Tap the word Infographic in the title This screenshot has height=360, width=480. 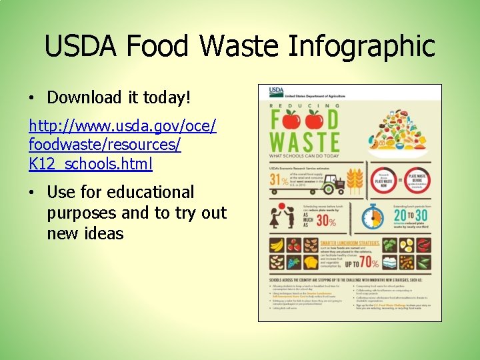pyautogui.click(x=363, y=47)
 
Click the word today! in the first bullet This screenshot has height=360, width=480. pyautogui.click(x=166, y=98)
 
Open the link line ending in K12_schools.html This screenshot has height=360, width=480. pyautogui.click(x=91, y=163)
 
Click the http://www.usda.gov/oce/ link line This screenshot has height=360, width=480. pyautogui.click(x=123, y=125)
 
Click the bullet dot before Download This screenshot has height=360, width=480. pyautogui.click(x=32, y=99)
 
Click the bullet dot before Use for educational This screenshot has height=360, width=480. pyautogui.click(x=32, y=193)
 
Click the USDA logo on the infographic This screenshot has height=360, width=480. pyautogui.click(x=276, y=91)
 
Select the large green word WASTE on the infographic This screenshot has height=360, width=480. pyautogui.click(x=304, y=142)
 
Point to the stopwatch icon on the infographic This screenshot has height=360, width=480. pyautogui.click(x=372, y=216)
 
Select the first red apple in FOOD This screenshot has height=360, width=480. pyautogui.click(x=291, y=120)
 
